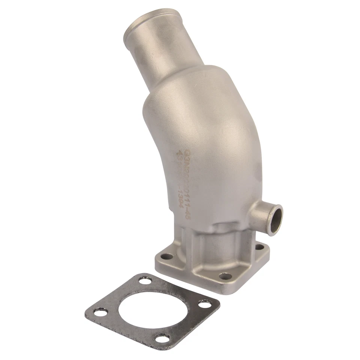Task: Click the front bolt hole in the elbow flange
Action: point(225,276)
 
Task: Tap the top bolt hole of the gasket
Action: point(144,280)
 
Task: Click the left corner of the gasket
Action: point(86,312)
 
